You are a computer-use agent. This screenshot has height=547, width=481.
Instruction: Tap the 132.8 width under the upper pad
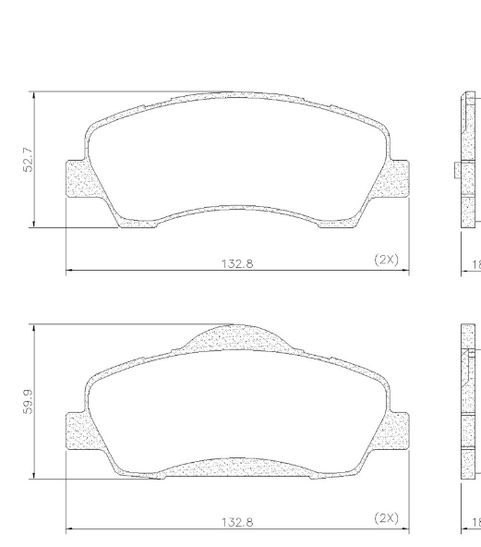click(237, 263)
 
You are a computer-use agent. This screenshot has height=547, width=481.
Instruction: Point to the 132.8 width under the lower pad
click(237, 522)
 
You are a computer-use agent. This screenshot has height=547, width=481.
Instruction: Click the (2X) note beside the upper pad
click(386, 260)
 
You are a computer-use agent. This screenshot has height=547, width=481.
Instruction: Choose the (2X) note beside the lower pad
click(386, 517)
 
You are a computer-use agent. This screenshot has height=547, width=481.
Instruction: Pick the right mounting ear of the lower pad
click(398, 432)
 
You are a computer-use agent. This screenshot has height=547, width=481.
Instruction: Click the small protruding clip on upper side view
click(458, 170)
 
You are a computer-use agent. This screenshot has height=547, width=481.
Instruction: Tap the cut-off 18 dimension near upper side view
click(475, 263)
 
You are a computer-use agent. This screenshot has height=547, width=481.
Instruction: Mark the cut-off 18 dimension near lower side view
click(475, 522)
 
